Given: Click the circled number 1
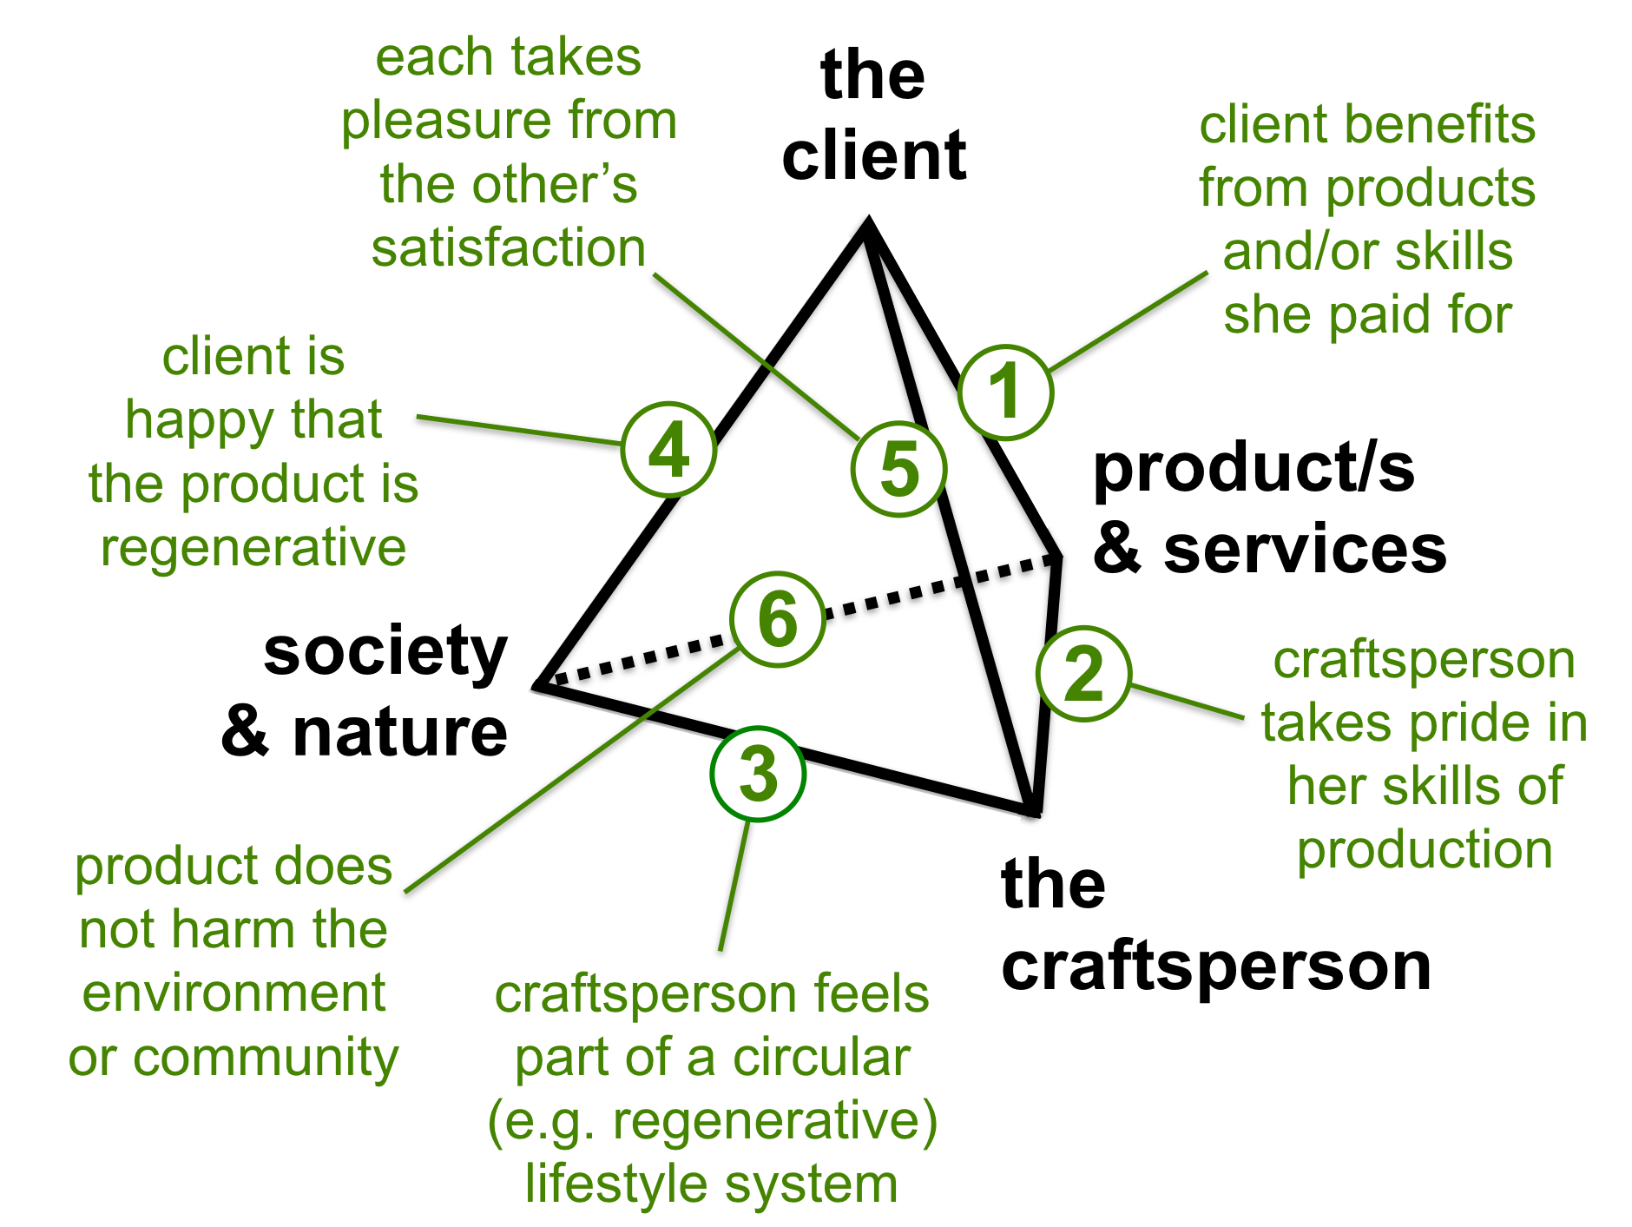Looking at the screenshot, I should (x=1005, y=392).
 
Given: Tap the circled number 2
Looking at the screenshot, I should (x=1083, y=674).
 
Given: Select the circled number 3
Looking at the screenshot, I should (x=758, y=774).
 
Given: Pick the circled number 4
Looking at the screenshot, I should (x=668, y=449).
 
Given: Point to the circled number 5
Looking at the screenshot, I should (x=898, y=469).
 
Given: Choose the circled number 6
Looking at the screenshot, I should (x=777, y=619).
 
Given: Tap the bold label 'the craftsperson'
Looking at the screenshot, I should (x=1215, y=925).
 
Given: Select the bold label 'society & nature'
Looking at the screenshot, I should (x=373, y=691).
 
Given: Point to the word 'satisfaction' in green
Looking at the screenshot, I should (x=509, y=248).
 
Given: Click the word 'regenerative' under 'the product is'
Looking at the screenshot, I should (x=253, y=548).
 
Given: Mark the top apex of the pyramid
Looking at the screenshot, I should (x=867, y=224).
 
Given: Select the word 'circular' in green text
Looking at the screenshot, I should (x=821, y=1058).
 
